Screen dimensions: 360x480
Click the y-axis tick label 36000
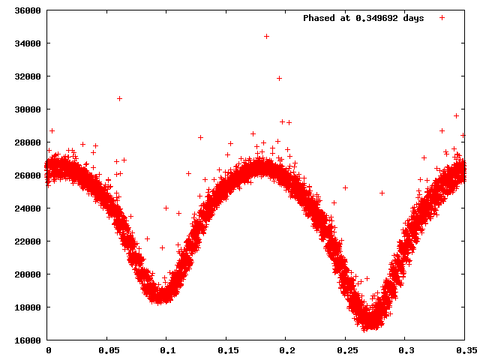pyautogui.click(x=26, y=11)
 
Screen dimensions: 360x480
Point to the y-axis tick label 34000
pyautogui.click(x=26, y=43)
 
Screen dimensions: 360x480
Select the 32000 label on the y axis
pyautogui.click(x=26, y=76)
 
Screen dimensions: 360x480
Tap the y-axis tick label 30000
pyautogui.click(x=26, y=109)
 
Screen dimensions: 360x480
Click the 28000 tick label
pyautogui.click(x=26, y=142)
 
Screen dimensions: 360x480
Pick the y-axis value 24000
pyautogui.click(x=26, y=208)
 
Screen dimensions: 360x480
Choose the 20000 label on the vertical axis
pyautogui.click(x=26, y=274)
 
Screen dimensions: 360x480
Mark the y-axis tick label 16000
pyautogui.click(x=26, y=340)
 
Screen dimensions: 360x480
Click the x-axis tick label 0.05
pyautogui.click(x=108, y=350)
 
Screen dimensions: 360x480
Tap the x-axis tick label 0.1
pyautogui.click(x=167, y=350)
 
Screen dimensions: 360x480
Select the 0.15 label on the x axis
pyautogui.click(x=227, y=350)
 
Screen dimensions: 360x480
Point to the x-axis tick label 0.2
pyautogui.click(x=286, y=350)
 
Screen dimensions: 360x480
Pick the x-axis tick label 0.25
pyautogui.click(x=346, y=350)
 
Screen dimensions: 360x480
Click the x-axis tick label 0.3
pyautogui.click(x=406, y=350)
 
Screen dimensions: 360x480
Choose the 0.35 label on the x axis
pyautogui.click(x=465, y=350)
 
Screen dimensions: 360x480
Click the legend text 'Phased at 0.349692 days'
pyautogui.click(x=363, y=18)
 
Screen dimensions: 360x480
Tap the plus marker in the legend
pyautogui.click(x=442, y=17)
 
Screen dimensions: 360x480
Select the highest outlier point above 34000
pyautogui.click(x=266, y=36)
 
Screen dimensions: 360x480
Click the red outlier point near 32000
pyautogui.click(x=279, y=78)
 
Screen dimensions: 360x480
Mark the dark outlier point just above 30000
pyautogui.click(x=119, y=98)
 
